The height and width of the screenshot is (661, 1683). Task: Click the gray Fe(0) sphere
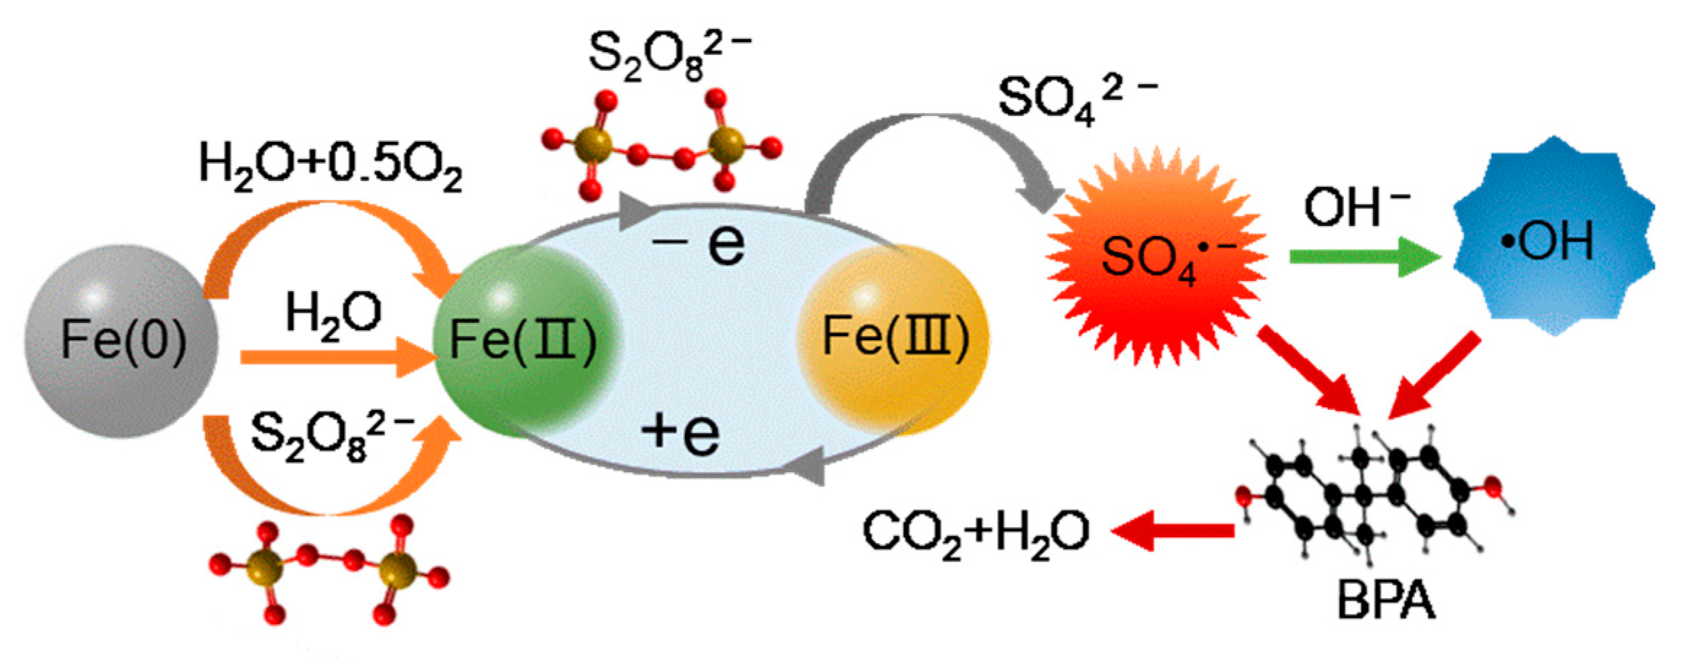click(x=121, y=340)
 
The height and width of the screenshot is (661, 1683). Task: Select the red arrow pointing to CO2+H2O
click(x=1173, y=531)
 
